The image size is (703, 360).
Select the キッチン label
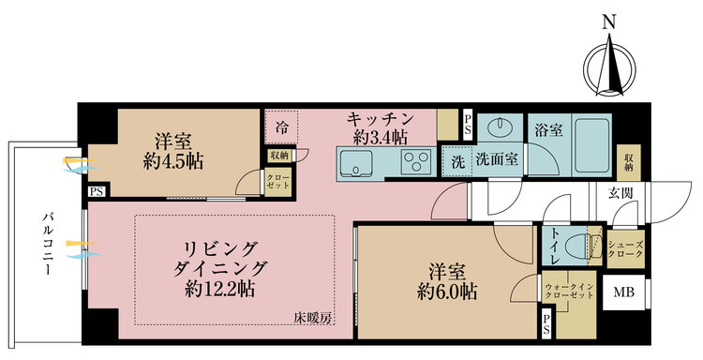(380, 119)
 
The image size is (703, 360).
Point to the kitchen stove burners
(414, 165)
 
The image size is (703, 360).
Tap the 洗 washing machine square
(457, 160)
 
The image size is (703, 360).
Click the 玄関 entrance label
(620, 193)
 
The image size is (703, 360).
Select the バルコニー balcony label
(45, 243)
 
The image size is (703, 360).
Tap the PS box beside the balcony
(96, 192)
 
